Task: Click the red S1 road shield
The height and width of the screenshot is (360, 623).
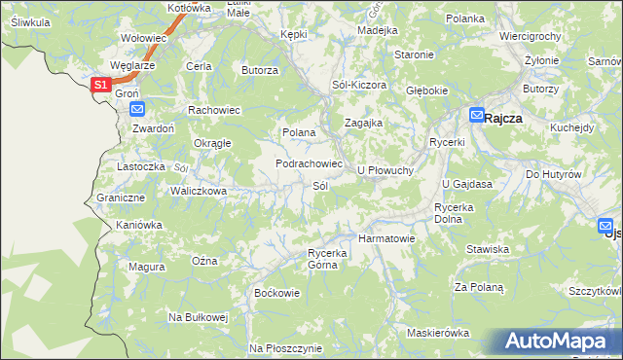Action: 100,86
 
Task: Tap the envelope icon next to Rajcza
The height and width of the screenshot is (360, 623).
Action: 476,115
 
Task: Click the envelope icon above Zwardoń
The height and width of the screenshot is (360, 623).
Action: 136,109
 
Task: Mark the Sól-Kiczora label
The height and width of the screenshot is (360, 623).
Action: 359,85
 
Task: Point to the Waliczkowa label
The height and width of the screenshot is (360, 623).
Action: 199,191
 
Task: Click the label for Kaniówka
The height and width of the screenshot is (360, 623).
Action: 138,225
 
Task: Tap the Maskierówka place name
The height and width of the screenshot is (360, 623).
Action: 438,333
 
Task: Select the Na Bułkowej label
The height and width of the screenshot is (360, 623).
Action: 198,317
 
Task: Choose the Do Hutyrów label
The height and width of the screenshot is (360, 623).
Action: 553,174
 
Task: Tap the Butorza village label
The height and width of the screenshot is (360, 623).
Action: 260,70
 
